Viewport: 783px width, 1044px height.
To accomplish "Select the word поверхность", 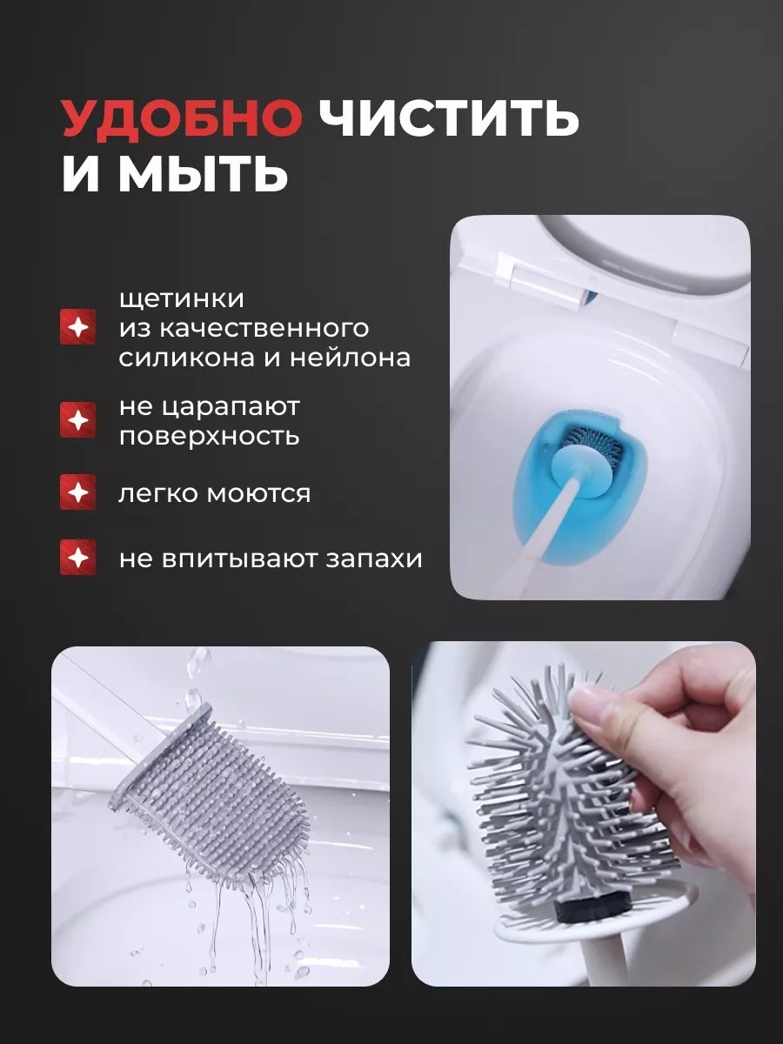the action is (209, 437).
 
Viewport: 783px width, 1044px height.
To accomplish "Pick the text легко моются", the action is (214, 493).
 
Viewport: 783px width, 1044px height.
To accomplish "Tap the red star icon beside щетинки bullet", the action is (78, 327).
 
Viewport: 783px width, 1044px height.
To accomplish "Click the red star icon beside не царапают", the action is (78, 420).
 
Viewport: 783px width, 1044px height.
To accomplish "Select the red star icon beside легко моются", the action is (78, 492).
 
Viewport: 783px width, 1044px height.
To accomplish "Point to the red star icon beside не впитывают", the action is (78, 558).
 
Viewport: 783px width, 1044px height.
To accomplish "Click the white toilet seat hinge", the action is (541, 284).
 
